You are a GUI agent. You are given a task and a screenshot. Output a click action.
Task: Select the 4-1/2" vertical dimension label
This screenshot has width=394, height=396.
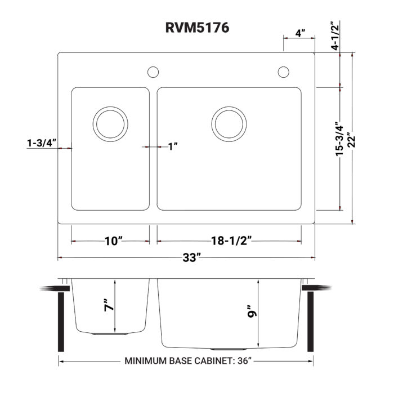point(336,36)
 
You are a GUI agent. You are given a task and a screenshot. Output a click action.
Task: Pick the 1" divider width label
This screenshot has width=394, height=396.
point(173,147)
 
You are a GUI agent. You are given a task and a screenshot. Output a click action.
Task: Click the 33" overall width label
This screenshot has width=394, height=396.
point(191,258)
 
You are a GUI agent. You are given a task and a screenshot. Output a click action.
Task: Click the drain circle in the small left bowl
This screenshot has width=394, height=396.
point(110,123)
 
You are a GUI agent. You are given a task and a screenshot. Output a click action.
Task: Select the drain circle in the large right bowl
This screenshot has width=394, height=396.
point(229,123)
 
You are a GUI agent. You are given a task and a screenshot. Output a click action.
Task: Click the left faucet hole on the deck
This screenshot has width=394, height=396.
point(152,72)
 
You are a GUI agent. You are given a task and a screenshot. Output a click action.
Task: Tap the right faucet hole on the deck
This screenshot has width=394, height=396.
point(283,72)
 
